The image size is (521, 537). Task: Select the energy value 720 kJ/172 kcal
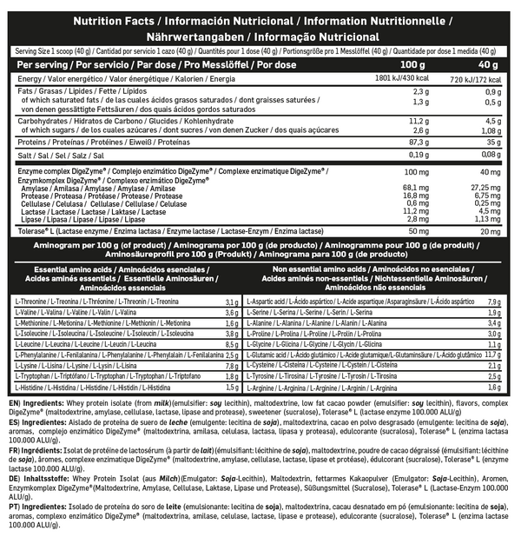pyautogui.click(x=476, y=78)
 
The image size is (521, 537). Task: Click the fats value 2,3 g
pyautogui.click(x=421, y=91)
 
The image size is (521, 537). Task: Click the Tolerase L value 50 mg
pyautogui.click(x=418, y=231)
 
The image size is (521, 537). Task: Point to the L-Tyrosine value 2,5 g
pyautogui.click(x=494, y=377)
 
